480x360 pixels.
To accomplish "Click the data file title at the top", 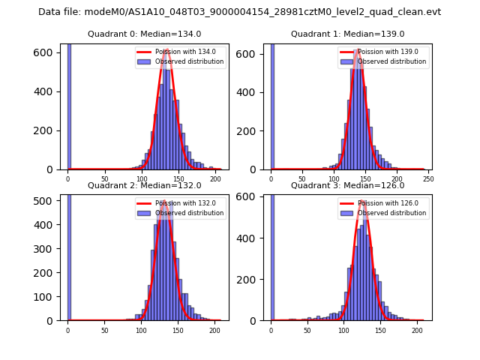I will [x=239, y=12].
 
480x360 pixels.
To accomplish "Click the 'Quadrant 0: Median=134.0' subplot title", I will [x=144, y=34].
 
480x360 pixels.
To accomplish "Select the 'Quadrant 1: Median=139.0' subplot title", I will [x=347, y=34].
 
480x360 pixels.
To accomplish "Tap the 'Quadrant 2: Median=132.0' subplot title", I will [x=144, y=185].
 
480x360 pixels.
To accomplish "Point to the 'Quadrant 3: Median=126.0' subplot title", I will [x=347, y=185].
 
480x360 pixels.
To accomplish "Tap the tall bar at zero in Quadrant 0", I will [x=69, y=105].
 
